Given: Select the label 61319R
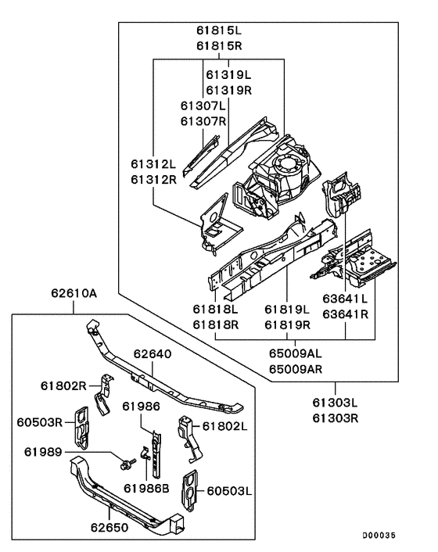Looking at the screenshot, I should point(228,90).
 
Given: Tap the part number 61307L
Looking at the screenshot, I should point(203,106).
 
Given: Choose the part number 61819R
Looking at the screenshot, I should point(289,324).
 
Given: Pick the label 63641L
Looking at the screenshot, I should point(345,299).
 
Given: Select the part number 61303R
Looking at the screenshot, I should point(335,418).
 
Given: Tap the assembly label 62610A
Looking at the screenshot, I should point(74,294).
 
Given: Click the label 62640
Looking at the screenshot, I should point(151,354).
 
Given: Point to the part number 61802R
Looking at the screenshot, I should point(64,385).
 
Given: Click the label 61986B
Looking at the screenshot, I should point(146,488).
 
